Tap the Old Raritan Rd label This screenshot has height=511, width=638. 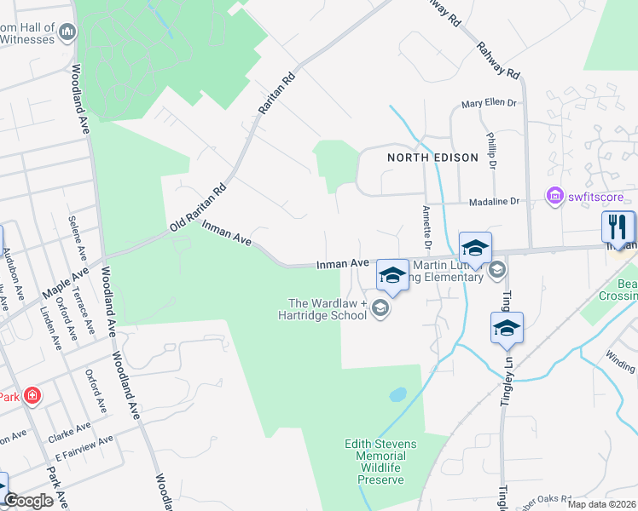coord(197,208)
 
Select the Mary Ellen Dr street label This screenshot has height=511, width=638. coord(489,104)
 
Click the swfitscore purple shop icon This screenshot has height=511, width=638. coord(554,198)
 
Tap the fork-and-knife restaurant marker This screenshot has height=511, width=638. coord(618,227)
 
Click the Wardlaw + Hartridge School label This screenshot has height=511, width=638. coord(328,309)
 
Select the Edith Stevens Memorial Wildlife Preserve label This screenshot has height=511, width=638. coord(374,462)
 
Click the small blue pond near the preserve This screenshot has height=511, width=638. coord(397,395)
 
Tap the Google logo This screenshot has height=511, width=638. coord(29,501)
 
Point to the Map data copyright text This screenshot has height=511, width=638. coord(601,504)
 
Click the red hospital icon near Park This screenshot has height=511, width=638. coord(32,396)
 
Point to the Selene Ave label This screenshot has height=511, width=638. coord(74,238)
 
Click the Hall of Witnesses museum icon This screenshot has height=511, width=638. coord(67,32)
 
